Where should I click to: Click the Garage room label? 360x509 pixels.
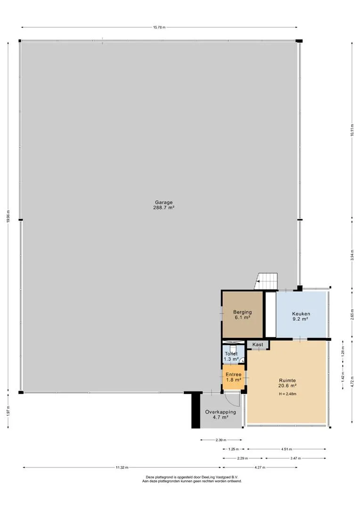point(164,205)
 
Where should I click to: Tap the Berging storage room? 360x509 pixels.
point(243,314)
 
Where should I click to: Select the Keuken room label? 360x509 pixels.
point(301,316)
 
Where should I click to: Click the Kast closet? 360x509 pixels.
point(258,345)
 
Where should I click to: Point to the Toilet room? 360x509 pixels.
point(231,356)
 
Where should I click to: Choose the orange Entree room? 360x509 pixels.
point(233,377)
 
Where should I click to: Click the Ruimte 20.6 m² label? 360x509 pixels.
point(287,383)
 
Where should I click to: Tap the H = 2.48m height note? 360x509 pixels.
point(287,394)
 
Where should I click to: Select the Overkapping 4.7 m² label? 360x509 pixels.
point(221,415)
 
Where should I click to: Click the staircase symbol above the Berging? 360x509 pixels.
point(267,281)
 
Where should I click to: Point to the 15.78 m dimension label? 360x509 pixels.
point(159,28)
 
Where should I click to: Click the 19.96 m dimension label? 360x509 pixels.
point(8,216)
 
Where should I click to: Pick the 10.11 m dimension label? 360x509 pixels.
point(352,130)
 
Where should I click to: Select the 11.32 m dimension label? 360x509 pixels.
point(122,468)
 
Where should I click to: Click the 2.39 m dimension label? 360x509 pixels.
point(221,440)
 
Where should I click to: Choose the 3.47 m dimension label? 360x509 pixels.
point(295,459)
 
